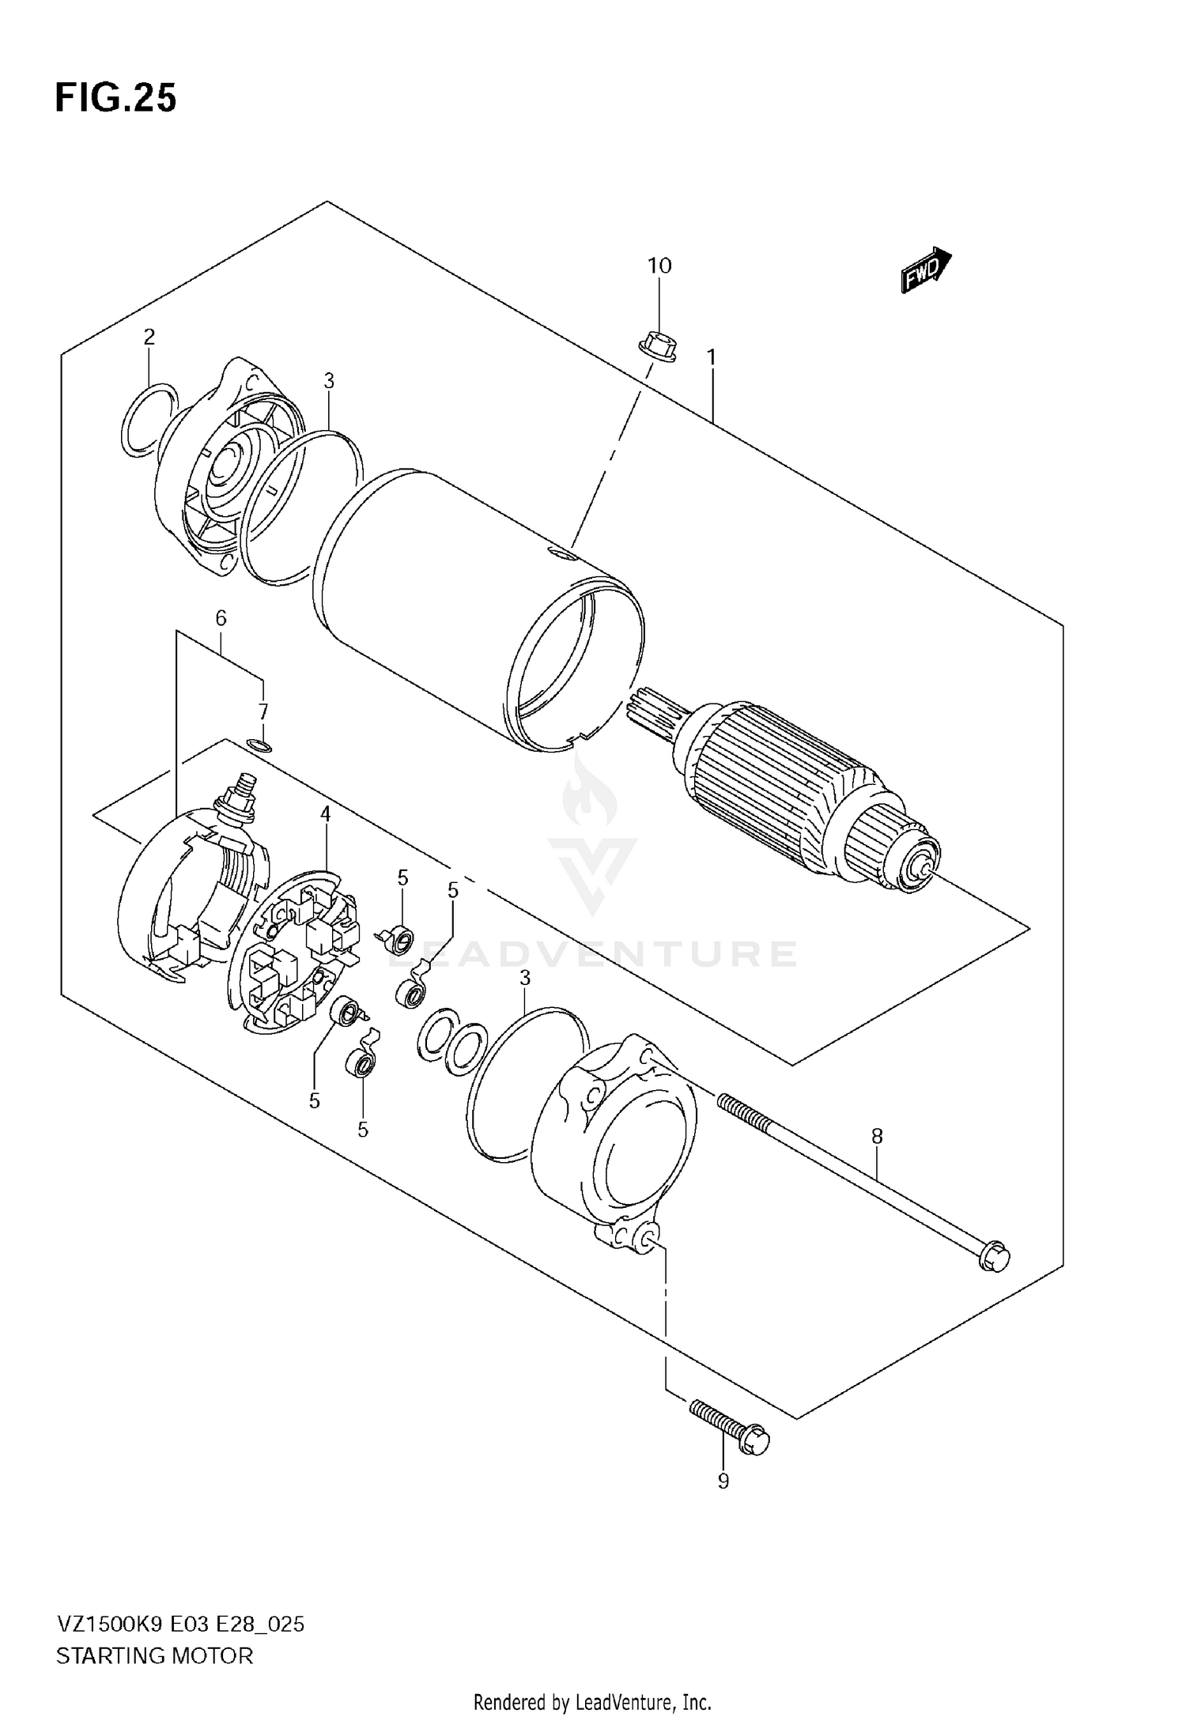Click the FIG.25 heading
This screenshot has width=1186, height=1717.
click(115, 98)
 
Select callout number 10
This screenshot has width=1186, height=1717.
click(659, 266)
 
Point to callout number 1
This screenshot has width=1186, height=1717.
click(712, 357)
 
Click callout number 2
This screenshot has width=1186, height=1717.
click(149, 338)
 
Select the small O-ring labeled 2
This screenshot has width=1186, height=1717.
click(149, 419)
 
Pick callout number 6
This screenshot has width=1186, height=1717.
click(221, 618)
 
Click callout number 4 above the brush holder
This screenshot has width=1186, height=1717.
click(325, 813)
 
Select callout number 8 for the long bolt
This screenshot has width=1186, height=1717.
click(877, 1137)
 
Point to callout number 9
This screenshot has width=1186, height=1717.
click(723, 1481)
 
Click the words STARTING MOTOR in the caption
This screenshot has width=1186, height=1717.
click(154, 1655)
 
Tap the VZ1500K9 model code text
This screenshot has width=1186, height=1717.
click(109, 1625)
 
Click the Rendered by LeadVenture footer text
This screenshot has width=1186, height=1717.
click(592, 1701)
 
